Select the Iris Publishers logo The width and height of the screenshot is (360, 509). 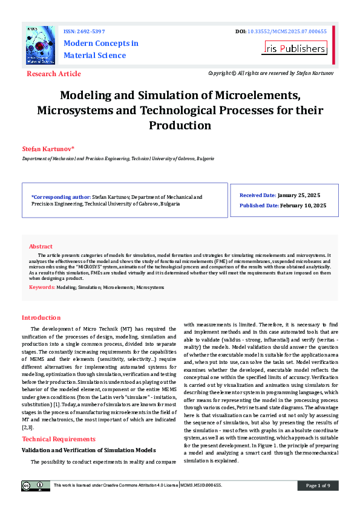point(295,48)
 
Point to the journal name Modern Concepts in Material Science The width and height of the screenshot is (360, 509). point(100,49)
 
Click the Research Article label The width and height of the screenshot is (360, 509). point(54,74)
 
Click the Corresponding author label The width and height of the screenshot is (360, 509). point(60,197)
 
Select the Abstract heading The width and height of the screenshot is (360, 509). point(41,247)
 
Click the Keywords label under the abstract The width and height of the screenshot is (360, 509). point(42,287)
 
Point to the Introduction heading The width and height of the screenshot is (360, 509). point(41,317)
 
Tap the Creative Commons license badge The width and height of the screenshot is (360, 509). point(36,485)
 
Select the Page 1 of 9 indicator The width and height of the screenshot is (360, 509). point(318,485)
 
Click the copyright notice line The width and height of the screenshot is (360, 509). point(270,73)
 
